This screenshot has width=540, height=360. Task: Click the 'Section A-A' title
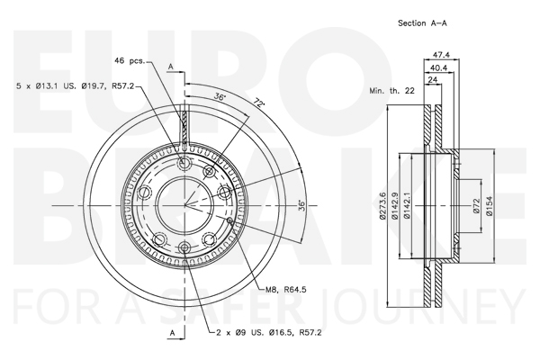point(422,23)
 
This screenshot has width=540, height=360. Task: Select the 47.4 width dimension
point(441,55)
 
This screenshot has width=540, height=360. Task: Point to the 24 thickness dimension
point(432,79)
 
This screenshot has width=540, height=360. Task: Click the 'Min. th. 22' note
point(391,91)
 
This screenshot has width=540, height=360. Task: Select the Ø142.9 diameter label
point(394,206)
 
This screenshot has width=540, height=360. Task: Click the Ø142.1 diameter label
point(407,206)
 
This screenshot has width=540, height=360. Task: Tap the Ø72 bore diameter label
point(477,206)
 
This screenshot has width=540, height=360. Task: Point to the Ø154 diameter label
point(489,206)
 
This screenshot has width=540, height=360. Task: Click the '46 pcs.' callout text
point(130,60)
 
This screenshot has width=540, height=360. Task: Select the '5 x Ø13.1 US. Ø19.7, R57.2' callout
point(75,86)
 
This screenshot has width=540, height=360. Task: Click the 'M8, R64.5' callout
point(286,290)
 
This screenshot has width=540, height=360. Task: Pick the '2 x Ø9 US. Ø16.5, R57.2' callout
point(268,332)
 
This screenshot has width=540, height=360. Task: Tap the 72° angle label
point(259,103)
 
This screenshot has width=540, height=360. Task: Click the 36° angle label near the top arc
point(219,96)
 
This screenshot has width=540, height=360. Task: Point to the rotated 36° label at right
point(301,205)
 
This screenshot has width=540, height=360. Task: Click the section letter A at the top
point(170,67)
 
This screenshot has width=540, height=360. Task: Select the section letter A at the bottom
point(173,333)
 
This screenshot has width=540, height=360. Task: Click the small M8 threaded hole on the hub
point(230,220)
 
